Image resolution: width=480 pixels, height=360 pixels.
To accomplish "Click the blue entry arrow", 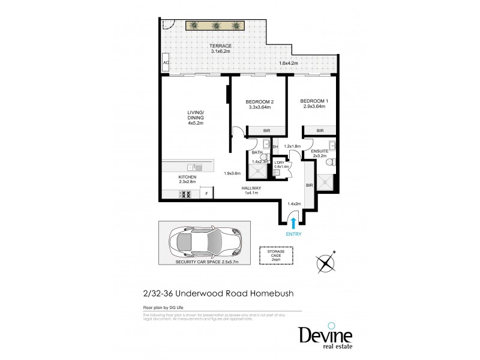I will pos(292,223).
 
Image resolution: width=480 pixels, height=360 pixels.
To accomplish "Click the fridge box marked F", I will pos(206,193).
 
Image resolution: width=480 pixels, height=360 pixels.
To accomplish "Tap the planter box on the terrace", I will pos(215,25).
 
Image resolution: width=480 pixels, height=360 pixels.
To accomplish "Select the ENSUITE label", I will pos(320,152).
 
